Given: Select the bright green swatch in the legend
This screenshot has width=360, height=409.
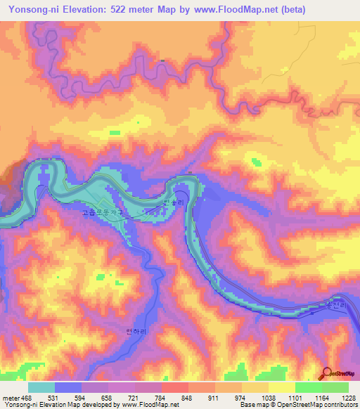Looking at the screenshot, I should point(308,387).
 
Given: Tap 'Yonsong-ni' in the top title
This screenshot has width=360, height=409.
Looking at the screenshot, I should point(34,10).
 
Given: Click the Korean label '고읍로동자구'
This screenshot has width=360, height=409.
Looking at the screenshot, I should point(102,211).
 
